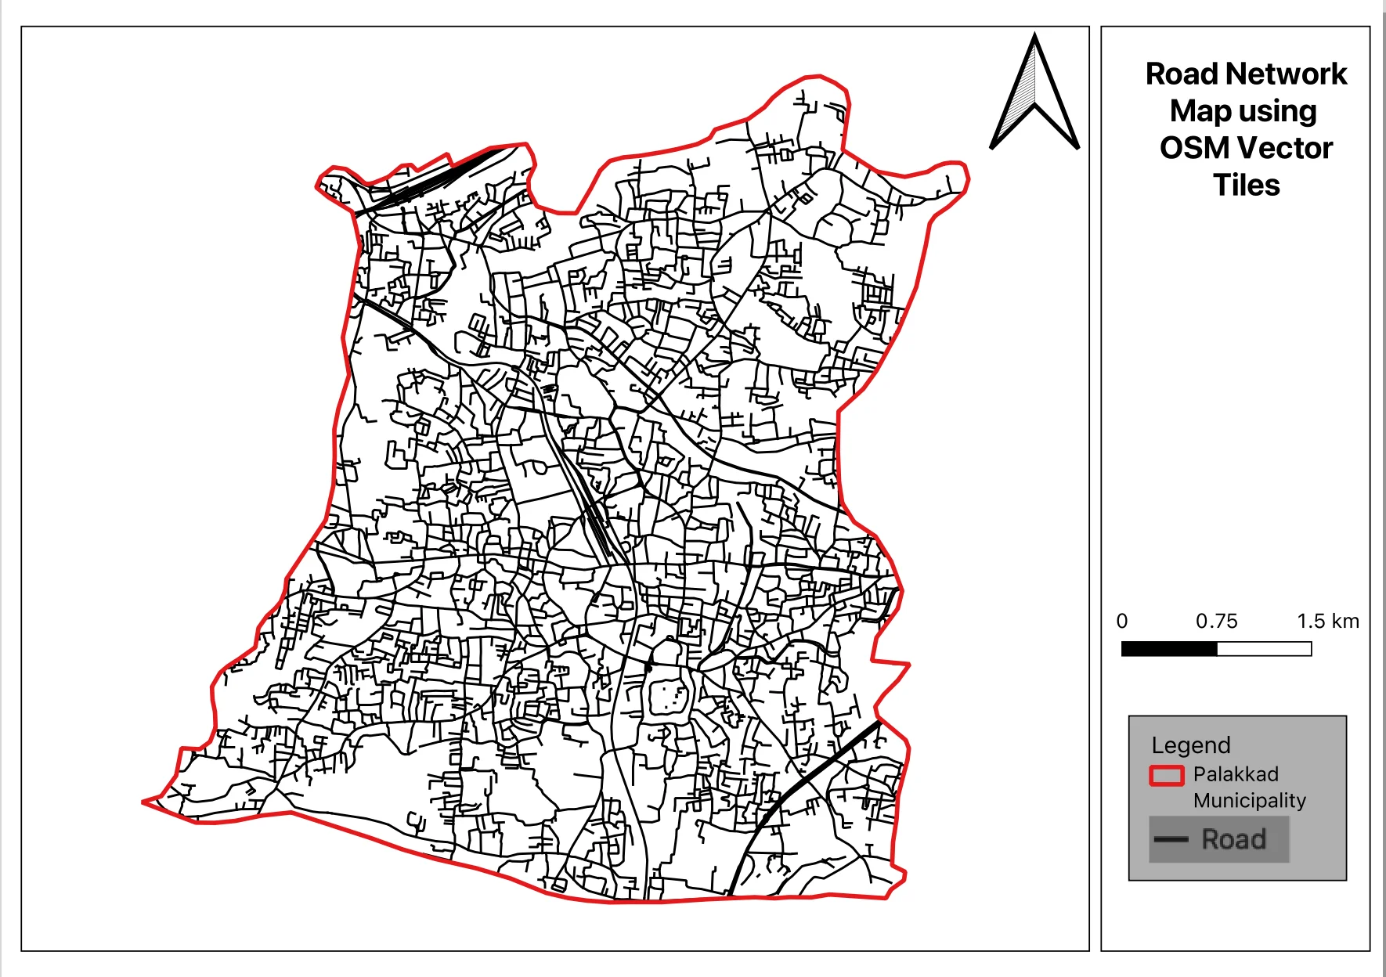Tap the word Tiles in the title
(x=1247, y=186)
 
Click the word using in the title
(x=1277, y=112)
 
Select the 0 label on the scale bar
(x=1122, y=622)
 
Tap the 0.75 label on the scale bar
(x=1216, y=622)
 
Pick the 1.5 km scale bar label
(x=1328, y=622)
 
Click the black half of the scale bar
(x=1169, y=649)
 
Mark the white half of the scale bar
(x=1264, y=649)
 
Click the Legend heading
(x=1191, y=745)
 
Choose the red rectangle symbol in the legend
(x=1166, y=775)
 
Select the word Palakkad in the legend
(x=1236, y=774)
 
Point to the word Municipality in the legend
(x=1250, y=801)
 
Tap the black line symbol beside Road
(x=1171, y=840)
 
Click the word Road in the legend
(x=1234, y=840)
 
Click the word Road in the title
(x=1182, y=74)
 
